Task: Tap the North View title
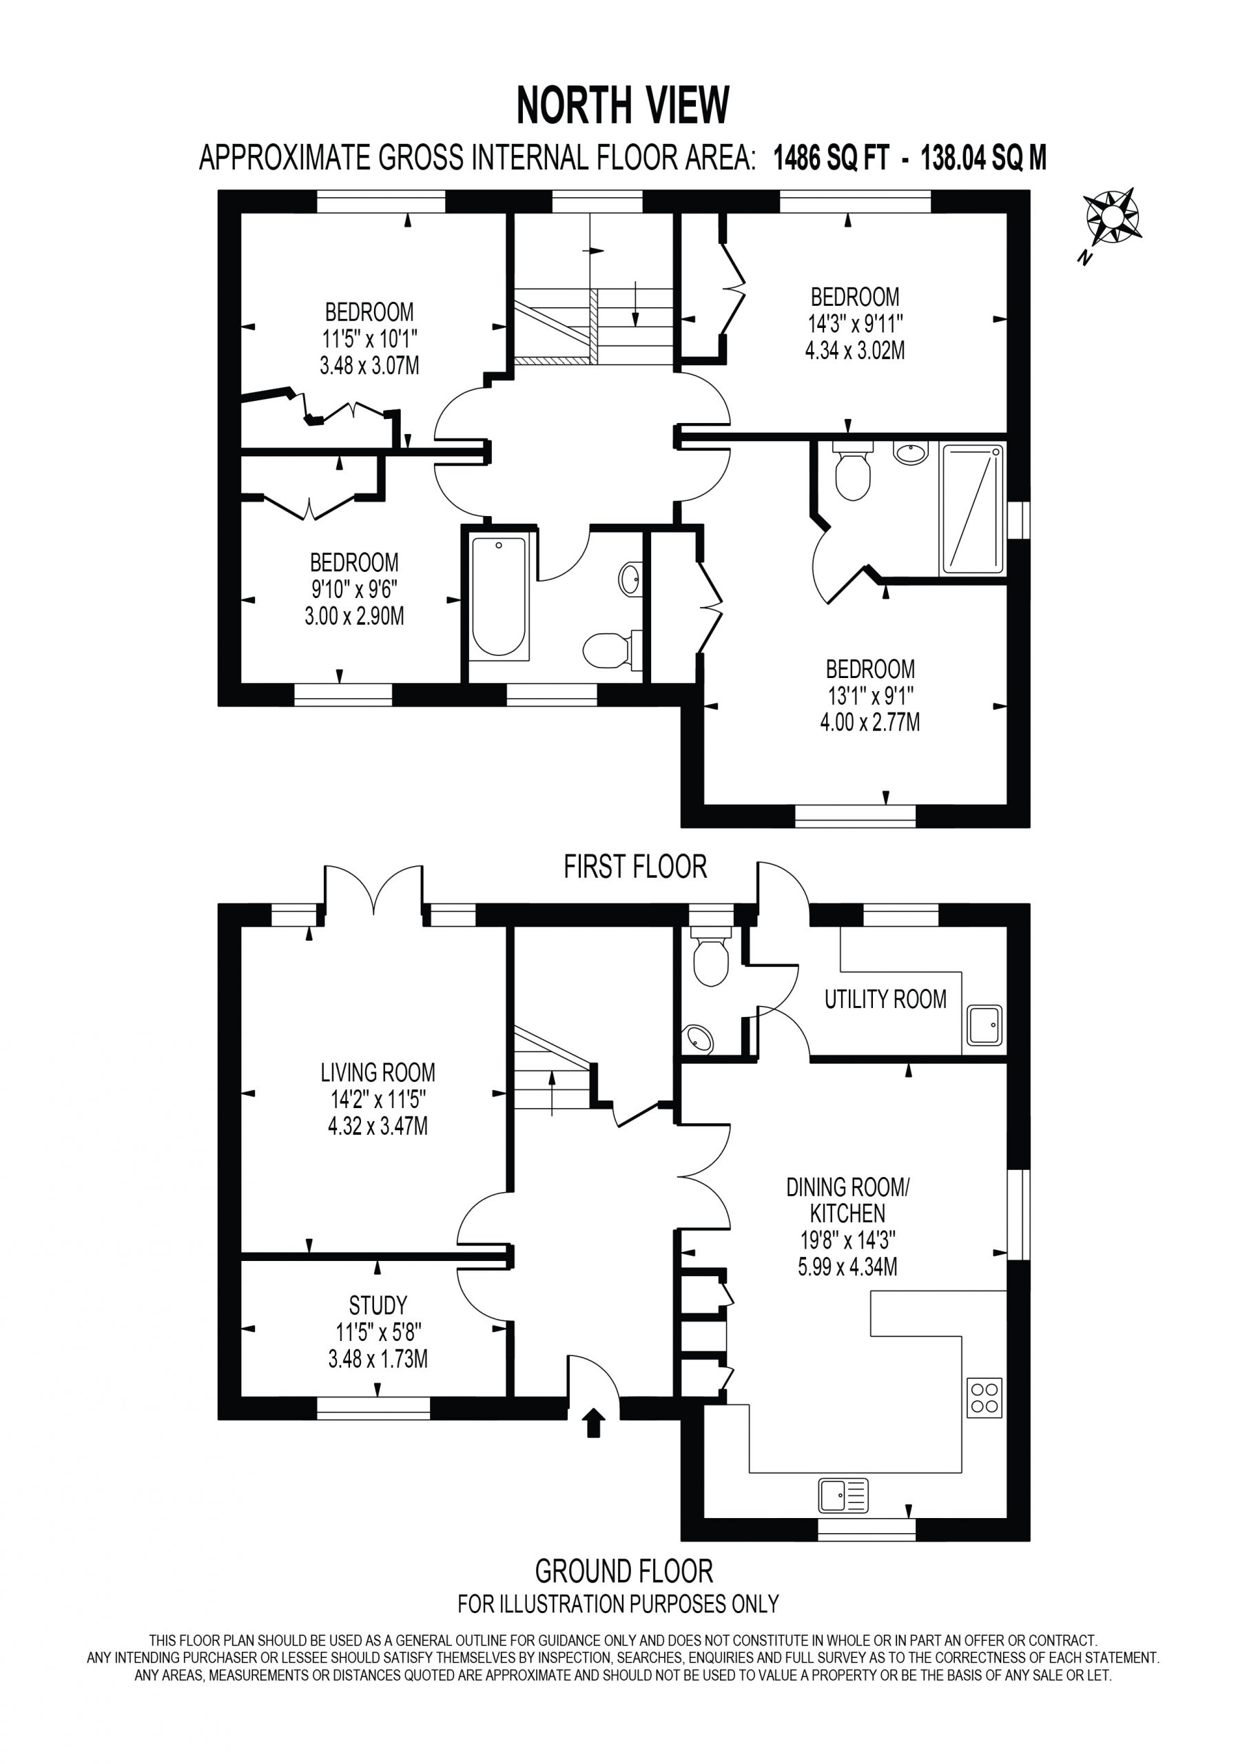click(622, 105)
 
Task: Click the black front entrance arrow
click(594, 1422)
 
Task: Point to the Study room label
click(378, 1304)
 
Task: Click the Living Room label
click(378, 1071)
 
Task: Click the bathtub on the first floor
click(499, 597)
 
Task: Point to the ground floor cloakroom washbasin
click(699, 1038)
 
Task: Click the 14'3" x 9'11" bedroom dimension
click(854, 322)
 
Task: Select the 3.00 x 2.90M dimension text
click(354, 615)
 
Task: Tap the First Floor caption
click(635, 867)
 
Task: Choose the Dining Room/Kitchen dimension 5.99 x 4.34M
click(847, 1266)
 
